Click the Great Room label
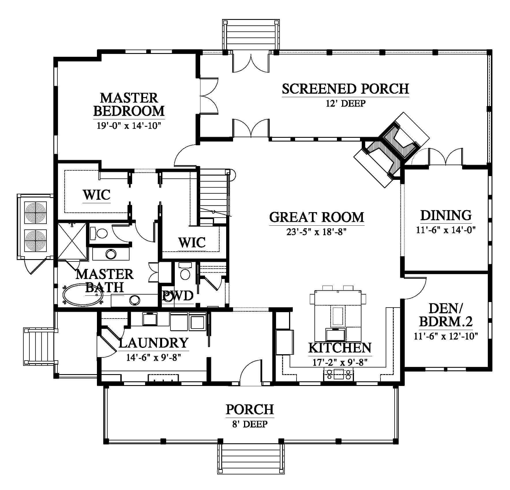click(x=317, y=217)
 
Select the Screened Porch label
click(x=345, y=88)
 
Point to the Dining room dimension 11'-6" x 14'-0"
click(x=446, y=230)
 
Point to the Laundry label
click(x=153, y=343)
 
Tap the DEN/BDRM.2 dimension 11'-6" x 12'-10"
click(x=446, y=336)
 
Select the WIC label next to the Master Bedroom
click(x=97, y=195)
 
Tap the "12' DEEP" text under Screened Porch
click(x=346, y=103)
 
